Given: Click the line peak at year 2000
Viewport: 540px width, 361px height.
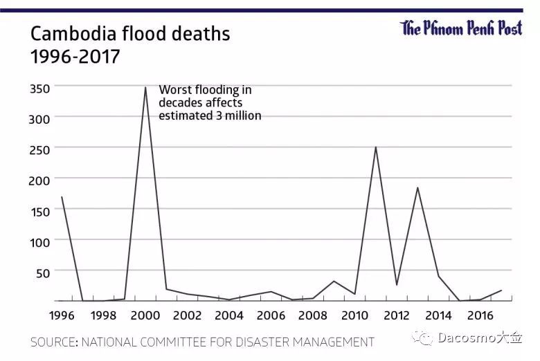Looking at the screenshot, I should (x=145, y=87).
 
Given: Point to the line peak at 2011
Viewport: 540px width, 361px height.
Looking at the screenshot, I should (x=376, y=147).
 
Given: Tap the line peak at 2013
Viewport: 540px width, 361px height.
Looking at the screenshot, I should (x=417, y=187).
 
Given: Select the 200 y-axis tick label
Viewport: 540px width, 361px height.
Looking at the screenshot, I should (x=39, y=179).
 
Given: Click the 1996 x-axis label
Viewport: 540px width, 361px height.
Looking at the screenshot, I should (x=62, y=315).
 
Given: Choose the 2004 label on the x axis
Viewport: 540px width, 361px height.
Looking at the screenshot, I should (x=228, y=315).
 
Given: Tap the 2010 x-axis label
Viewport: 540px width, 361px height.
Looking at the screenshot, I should (x=354, y=315).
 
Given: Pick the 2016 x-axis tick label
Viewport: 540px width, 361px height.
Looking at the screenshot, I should (x=480, y=315).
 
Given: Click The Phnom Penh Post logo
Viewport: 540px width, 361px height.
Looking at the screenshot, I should (x=461, y=28).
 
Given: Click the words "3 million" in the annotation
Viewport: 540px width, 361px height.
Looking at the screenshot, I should (x=238, y=115).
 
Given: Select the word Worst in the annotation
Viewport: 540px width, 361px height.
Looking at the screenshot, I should (x=174, y=90).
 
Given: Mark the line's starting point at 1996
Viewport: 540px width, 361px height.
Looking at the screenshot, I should (x=62, y=197).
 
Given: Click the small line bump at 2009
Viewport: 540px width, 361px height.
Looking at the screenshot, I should (x=334, y=281).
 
